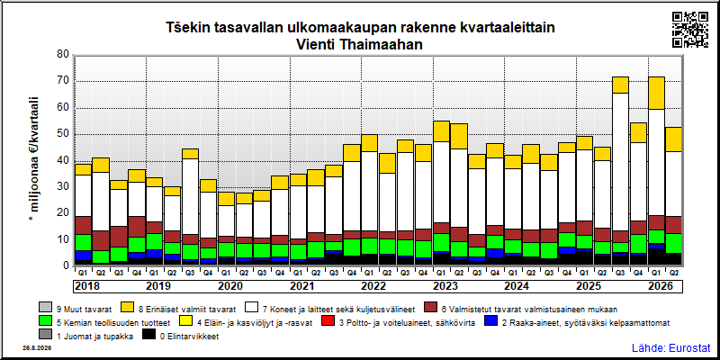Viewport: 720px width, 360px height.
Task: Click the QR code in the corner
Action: [690, 30]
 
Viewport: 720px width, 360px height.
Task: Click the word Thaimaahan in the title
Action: [389, 44]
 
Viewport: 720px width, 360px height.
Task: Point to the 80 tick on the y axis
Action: [64, 55]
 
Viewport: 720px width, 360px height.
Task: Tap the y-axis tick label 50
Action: [64, 134]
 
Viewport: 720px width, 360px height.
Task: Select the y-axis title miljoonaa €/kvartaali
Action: [34, 154]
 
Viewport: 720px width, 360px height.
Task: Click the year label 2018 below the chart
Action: [86, 286]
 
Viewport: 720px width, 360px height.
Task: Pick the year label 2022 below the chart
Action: [373, 286]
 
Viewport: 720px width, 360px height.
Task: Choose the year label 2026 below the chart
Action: [661, 286]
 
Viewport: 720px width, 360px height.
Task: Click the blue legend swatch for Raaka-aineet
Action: [490, 322]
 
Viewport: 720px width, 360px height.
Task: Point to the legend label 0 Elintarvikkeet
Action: [189, 337]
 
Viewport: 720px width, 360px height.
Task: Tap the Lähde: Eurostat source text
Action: [671, 347]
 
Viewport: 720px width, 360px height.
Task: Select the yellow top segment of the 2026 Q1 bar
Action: [656, 94]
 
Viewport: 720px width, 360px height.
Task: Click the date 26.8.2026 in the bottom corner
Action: [37, 348]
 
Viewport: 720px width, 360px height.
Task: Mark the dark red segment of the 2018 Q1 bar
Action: [83, 226]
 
